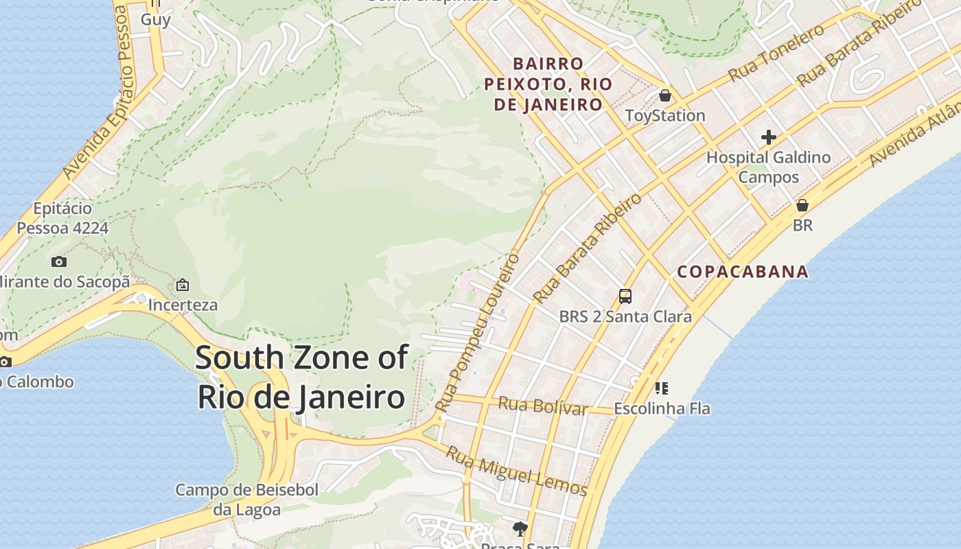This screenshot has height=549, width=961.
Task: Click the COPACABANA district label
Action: [x=743, y=272]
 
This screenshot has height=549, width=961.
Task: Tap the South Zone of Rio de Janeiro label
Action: [x=302, y=377]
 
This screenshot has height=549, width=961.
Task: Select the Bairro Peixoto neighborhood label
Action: [x=548, y=84]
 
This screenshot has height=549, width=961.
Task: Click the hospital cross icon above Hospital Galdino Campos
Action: [x=768, y=137]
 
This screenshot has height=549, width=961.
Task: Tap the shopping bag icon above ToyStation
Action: [x=664, y=95]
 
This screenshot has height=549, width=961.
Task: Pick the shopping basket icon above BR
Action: [x=802, y=205]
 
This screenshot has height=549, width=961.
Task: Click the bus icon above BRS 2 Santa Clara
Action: [x=625, y=296]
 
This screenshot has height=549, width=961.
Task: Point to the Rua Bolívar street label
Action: [x=542, y=406]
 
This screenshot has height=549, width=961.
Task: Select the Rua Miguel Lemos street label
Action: [x=516, y=471]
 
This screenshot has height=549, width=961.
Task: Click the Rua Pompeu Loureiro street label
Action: [x=478, y=332]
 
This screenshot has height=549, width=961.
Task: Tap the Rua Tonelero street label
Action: [x=776, y=53]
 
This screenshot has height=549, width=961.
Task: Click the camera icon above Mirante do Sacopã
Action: [x=59, y=261]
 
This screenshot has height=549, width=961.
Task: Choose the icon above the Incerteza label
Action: [x=183, y=284]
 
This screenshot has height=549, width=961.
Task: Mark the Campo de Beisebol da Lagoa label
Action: [x=247, y=500]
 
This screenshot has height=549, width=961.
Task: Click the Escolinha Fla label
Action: [x=662, y=409]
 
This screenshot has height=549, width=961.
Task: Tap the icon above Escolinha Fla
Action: [x=661, y=388]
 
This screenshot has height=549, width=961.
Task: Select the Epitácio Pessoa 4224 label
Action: [x=62, y=218]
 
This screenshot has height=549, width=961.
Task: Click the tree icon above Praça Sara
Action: [x=520, y=528]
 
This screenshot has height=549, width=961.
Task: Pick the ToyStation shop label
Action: [x=664, y=115]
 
